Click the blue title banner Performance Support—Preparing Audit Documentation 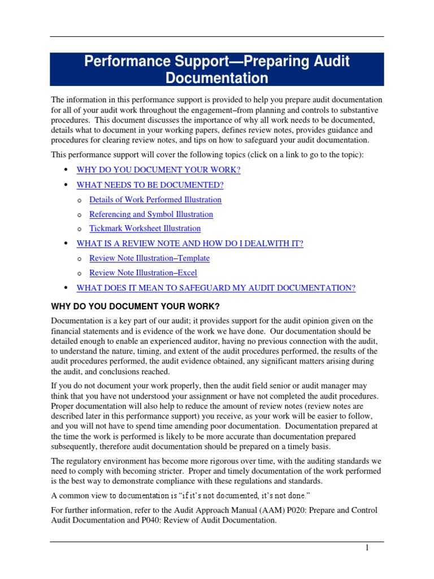217,70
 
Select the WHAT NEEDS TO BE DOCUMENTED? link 150,185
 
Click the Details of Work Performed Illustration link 155,200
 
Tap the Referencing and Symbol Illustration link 151,214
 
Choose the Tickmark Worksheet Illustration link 145,228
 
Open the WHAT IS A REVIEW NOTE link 190,244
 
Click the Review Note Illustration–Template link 150,258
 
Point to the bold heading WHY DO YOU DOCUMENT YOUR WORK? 135,306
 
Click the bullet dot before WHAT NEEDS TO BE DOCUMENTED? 66,185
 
